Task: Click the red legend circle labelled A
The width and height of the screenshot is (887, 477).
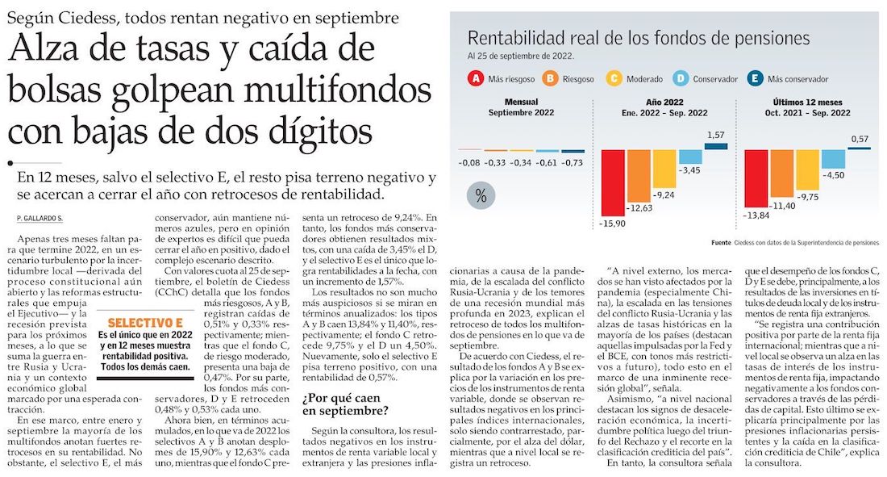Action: click(x=477, y=79)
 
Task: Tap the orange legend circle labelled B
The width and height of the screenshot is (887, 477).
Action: click(x=551, y=79)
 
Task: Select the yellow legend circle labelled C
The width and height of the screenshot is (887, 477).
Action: click(x=614, y=79)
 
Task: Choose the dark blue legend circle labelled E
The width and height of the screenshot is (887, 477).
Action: click(x=756, y=79)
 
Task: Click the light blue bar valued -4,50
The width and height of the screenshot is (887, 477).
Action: click(x=833, y=159)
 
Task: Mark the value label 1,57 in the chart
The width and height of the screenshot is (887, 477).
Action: click(x=714, y=135)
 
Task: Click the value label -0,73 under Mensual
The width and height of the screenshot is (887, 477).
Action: click(x=573, y=162)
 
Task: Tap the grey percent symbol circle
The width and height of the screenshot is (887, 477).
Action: click(x=481, y=195)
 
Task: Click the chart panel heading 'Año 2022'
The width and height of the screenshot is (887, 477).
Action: click(x=666, y=103)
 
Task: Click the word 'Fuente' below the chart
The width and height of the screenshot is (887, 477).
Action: click(x=722, y=242)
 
